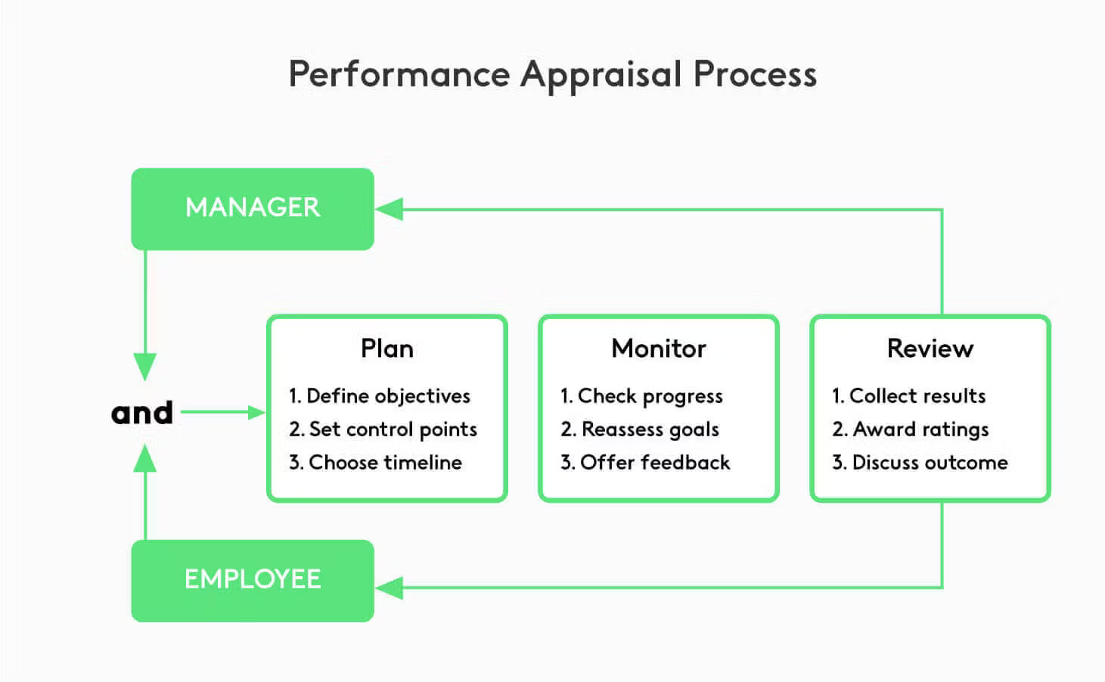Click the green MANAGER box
(253, 209)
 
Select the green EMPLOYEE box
(253, 580)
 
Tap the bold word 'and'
(142, 413)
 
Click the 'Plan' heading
(386, 349)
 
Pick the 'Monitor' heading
(658, 349)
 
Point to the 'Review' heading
(930, 349)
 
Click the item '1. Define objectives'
(379, 396)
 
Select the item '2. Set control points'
(383, 429)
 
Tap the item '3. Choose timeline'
(375, 463)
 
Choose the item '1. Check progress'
(641, 396)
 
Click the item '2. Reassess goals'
(639, 429)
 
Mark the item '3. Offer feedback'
(645, 463)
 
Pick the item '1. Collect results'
(908, 396)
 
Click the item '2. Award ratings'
(910, 429)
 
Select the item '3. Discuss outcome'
(920, 463)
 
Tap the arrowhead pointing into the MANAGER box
(389, 209)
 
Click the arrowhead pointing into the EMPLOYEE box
(389, 587)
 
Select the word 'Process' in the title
(755, 75)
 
